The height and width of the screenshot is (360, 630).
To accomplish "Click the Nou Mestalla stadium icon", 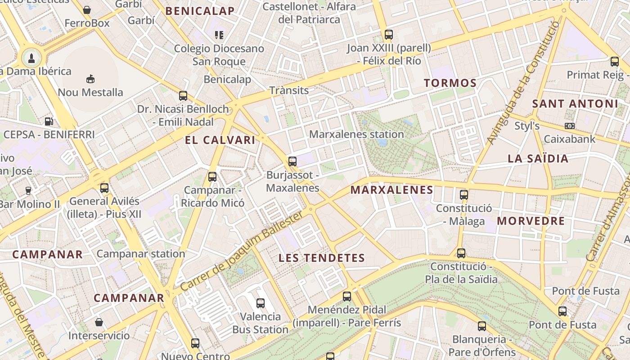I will coord(90,79).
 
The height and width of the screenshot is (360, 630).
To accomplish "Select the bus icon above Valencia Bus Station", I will coord(261,303).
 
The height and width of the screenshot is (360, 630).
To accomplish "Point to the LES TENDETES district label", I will coord(321,258).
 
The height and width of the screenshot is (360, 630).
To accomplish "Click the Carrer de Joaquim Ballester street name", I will coord(242,251).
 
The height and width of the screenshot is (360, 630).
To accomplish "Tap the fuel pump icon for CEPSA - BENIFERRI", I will coord(49,121).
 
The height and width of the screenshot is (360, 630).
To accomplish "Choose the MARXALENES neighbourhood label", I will coord(391,190).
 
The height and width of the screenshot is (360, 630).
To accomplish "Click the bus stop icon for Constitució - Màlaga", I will coord(464,195).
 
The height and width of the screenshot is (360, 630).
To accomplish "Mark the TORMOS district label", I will coord(450,83).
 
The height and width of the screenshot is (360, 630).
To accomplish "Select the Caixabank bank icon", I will coord(569,126).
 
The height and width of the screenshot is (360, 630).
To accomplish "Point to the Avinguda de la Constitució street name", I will coord(523,83).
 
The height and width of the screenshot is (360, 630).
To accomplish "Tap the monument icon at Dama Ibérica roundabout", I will coord(31,58).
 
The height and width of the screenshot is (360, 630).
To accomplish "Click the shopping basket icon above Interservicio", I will coord(99,322).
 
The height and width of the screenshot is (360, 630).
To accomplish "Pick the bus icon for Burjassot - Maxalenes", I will coord(292,161).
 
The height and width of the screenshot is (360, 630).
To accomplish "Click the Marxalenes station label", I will coord(356,134).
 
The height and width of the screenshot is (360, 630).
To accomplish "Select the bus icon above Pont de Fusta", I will coord(562,311).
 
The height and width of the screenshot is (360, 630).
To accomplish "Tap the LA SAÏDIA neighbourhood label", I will coord(538,158).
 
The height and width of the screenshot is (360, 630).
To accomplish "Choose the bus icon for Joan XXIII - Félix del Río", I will coord(388,34).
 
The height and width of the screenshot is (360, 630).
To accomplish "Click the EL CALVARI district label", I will coord(220,140).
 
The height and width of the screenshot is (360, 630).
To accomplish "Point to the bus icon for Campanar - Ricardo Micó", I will coord(212,177).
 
